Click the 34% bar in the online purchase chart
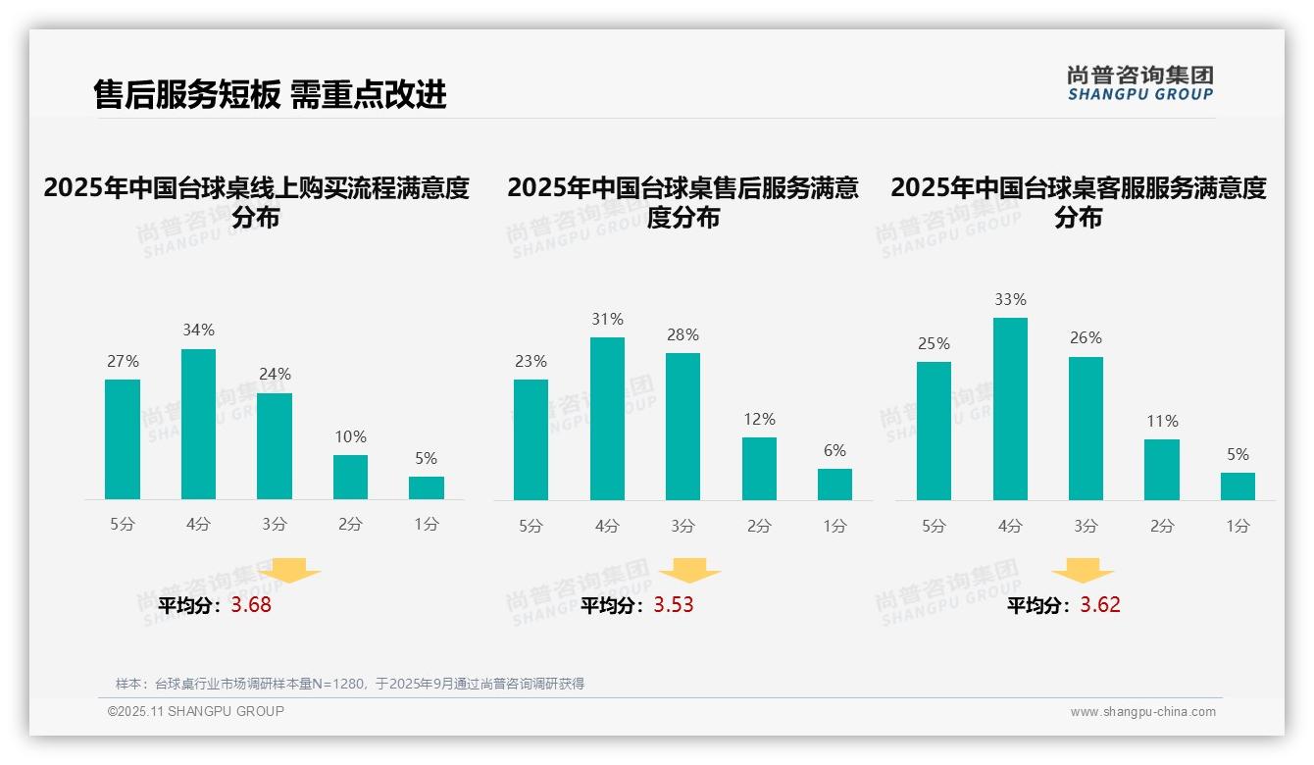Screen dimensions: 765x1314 click(198, 425)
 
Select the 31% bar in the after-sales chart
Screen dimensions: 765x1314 click(607, 419)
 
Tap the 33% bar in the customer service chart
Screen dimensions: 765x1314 click(1010, 409)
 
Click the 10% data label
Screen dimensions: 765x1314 click(350, 436)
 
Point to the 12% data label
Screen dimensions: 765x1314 click(759, 419)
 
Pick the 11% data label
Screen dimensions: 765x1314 click(1162, 421)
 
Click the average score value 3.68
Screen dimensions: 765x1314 click(251, 605)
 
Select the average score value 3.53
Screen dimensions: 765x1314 click(674, 605)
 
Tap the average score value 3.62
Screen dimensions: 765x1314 click(1100, 605)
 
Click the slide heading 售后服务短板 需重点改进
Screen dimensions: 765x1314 click(270, 94)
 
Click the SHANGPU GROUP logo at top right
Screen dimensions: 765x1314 click(1139, 83)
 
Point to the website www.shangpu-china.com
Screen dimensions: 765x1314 click(1142, 712)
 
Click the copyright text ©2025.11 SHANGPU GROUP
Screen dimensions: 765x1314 click(196, 711)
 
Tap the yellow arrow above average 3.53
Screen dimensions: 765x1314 click(689, 571)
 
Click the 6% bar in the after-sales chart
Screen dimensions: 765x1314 click(834, 484)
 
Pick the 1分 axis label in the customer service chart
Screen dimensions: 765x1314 click(1238, 526)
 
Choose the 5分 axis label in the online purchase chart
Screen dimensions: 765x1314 click(123, 525)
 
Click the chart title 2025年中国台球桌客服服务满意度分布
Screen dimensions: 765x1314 click(1079, 202)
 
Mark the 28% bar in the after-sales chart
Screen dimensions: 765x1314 click(682, 427)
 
